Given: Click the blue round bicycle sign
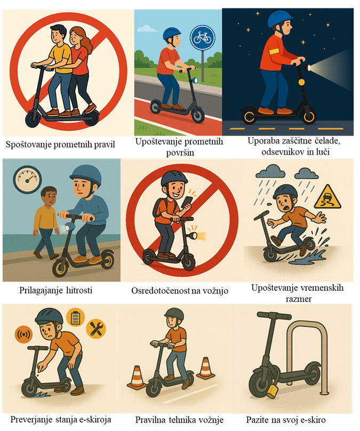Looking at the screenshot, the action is (202, 38).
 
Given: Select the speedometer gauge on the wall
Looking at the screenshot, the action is (27, 179).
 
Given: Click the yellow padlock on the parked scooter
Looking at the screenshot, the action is (272, 391).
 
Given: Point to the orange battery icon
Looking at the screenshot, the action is (75, 317).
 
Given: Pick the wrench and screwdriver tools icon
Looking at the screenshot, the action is (96, 329).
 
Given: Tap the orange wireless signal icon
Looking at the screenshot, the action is (23, 334).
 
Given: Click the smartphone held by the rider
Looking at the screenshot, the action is (187, 203).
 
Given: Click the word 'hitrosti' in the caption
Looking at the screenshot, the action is (79, 290).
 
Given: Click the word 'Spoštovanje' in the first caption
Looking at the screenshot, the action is (28, 145).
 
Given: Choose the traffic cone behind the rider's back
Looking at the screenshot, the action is (205, 368).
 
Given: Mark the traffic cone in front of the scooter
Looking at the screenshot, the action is (137, 377).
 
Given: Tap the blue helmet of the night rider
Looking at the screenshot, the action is (280, 19).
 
